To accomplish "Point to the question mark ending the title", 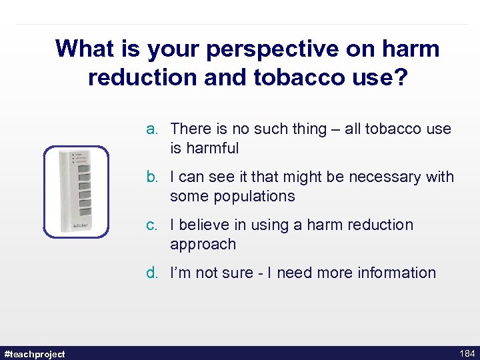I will pos(399,77).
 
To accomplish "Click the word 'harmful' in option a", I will pos(211,148).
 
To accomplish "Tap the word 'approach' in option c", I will pos(203,245).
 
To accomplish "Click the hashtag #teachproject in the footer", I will pos(35,353).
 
